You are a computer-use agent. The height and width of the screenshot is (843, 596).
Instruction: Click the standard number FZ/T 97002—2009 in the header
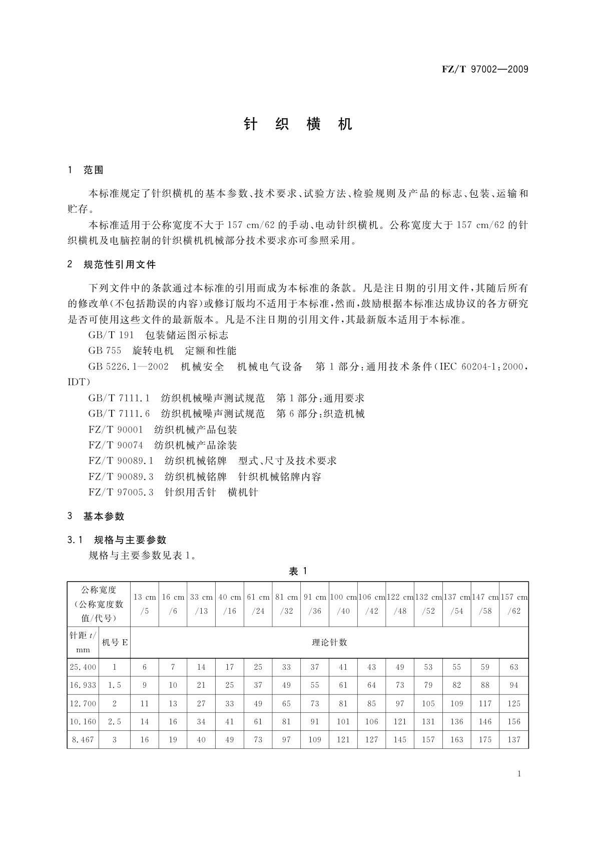(x=484, y=70)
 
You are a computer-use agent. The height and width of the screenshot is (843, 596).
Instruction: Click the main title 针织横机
(x=298, y=125)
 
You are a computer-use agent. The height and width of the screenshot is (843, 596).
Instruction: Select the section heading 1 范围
(x=86, y=170)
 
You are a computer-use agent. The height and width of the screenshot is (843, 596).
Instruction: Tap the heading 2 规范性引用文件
(x=112, y=264)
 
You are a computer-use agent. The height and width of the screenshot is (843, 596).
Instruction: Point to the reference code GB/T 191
(x=111, y=335)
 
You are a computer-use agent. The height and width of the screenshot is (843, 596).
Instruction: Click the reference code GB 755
(x=105, y=351)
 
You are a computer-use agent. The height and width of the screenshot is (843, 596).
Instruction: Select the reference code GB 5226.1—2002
(x=128, y=367)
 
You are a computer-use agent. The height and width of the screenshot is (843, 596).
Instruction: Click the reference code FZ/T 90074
(x=116, y=445)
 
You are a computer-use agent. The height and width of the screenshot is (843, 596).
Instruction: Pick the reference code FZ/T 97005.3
(x=121, y=492)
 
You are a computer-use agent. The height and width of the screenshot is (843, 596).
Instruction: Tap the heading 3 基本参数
(x=96, y=516)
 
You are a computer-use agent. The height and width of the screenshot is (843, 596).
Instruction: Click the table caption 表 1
(x=298, y=572)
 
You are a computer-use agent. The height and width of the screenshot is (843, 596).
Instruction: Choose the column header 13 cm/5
(x=145, y=604)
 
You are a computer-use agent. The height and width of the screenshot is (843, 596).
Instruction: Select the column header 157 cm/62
(x=514, y=604)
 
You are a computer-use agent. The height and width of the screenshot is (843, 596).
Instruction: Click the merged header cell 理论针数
(x=329, y=642)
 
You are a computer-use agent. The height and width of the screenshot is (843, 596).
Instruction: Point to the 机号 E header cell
(x=115, y=642)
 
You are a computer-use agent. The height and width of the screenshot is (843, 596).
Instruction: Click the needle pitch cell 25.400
(x=83, y=667)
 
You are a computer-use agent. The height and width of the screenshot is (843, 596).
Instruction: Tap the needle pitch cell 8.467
(x=83, y=739)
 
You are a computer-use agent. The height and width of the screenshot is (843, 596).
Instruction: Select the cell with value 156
(x=514, y=721)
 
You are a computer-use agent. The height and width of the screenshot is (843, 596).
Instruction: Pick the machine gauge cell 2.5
(x=115, y=721)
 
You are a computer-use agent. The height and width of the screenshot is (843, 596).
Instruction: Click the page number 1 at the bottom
(x=519, y=774)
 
